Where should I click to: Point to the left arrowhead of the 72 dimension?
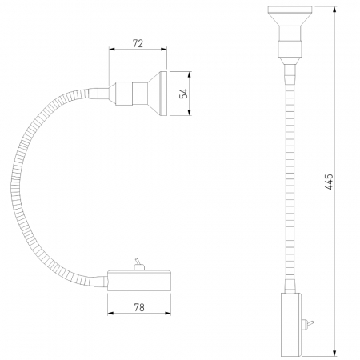pos(111,49)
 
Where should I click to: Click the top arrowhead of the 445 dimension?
pos(336,9)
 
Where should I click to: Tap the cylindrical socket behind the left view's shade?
pos(126,93)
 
